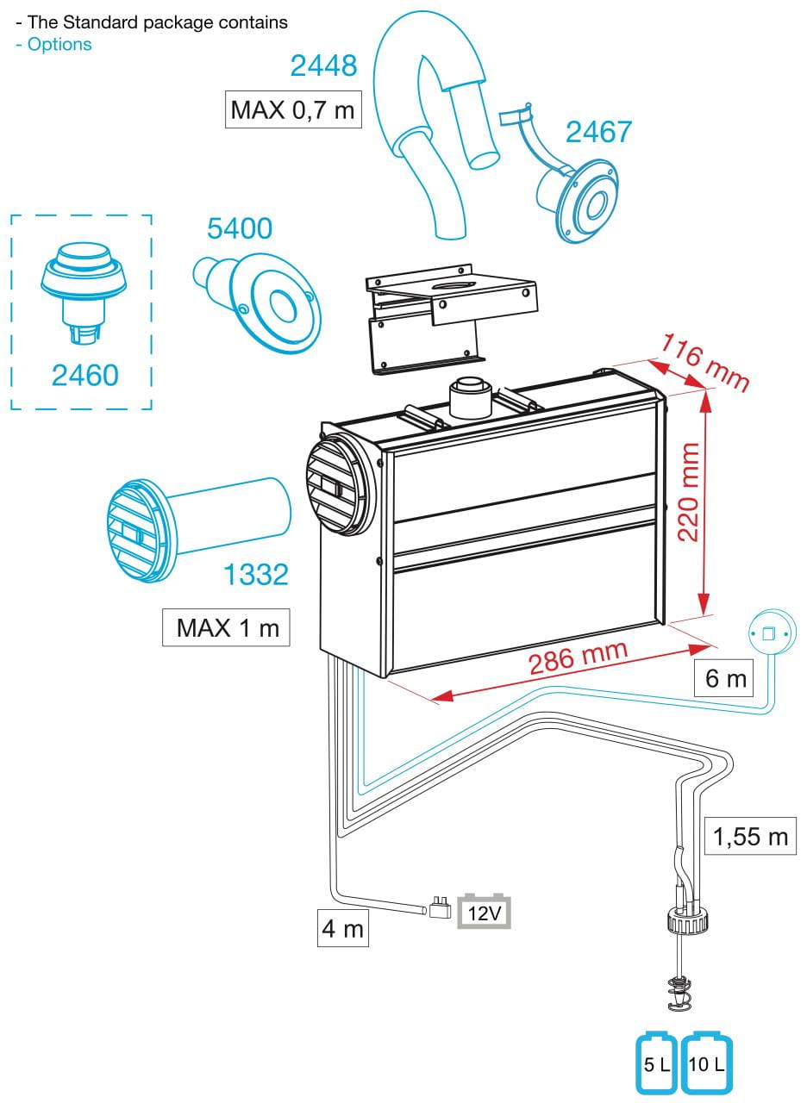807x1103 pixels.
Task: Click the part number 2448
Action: [323, 65]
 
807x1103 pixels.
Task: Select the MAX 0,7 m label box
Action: [292, 110]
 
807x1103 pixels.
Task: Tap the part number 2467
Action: [598, 132]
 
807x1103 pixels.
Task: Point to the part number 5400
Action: [240, 228]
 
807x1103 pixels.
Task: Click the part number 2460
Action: [84, 375]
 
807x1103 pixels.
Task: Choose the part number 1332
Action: [256, 575]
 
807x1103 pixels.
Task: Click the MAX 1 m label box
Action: [227, 626]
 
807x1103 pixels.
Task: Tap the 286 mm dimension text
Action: [578, 659]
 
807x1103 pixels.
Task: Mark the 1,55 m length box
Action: [750, 836]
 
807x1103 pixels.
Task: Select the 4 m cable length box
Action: [342, 930]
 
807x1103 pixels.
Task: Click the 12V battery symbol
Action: [484, 911]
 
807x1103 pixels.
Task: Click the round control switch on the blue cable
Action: [768, 635]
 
